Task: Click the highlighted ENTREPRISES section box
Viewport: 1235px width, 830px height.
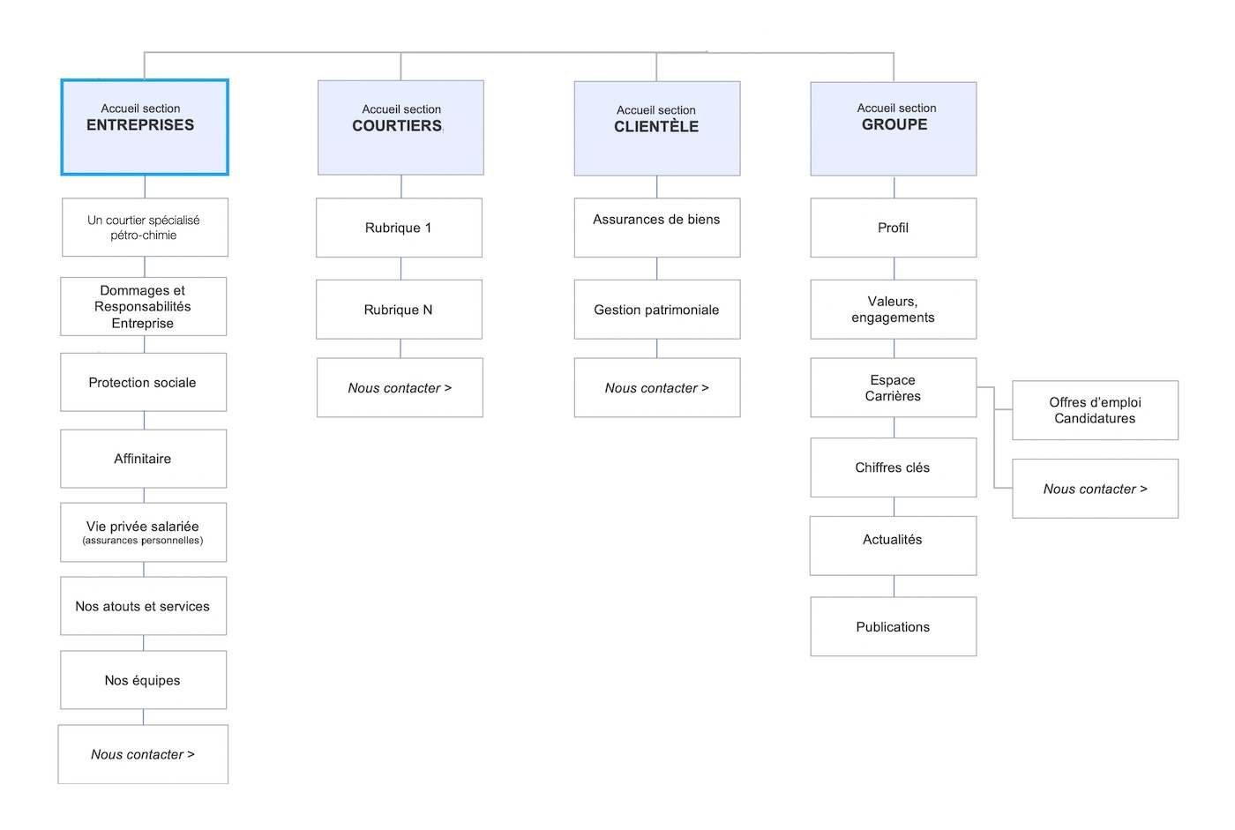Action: [x=145, y=127]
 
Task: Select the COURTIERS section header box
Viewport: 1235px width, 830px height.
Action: [x=400, y=128]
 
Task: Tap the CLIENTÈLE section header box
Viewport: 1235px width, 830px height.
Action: [x=656, y=129]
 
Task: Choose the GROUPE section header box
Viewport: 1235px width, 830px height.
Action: [x=893, y=129]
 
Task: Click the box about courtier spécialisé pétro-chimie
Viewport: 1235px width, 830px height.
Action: [x=145, y=228]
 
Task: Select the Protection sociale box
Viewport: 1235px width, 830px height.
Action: [x=143, y=382]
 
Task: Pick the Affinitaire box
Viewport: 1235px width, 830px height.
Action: [x=143, y=459]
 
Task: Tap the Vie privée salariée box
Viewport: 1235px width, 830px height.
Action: [x=143, y=532]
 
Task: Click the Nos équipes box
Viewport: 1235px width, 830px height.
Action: [x=143, y=680]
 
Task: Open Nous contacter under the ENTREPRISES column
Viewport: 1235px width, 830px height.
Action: [x=143, y=754]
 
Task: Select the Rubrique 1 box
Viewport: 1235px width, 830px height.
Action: [x=399, y=228]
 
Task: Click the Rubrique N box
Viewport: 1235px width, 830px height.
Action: [x=399, y=310]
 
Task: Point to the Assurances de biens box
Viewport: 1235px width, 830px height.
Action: [x=656, y=228]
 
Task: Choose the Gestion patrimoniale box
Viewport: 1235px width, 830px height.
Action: [x=656, y=310]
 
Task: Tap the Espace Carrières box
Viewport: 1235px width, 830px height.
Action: [x=893, y=388]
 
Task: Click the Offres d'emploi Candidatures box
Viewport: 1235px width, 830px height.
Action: [x=1095, y=410]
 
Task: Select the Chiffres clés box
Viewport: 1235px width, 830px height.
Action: [x=893, y=467]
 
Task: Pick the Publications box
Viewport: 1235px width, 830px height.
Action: [x=893, y=627]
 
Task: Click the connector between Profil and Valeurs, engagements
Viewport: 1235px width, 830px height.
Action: [x=894, y=269]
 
